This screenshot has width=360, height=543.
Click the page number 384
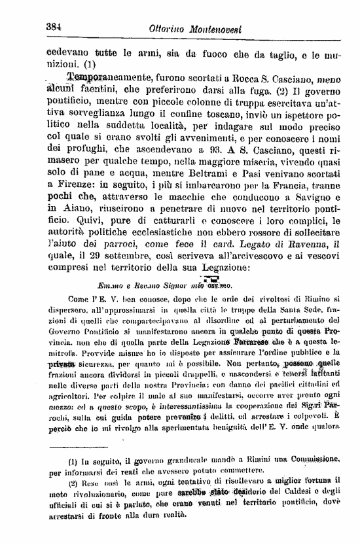click(54, 27)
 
